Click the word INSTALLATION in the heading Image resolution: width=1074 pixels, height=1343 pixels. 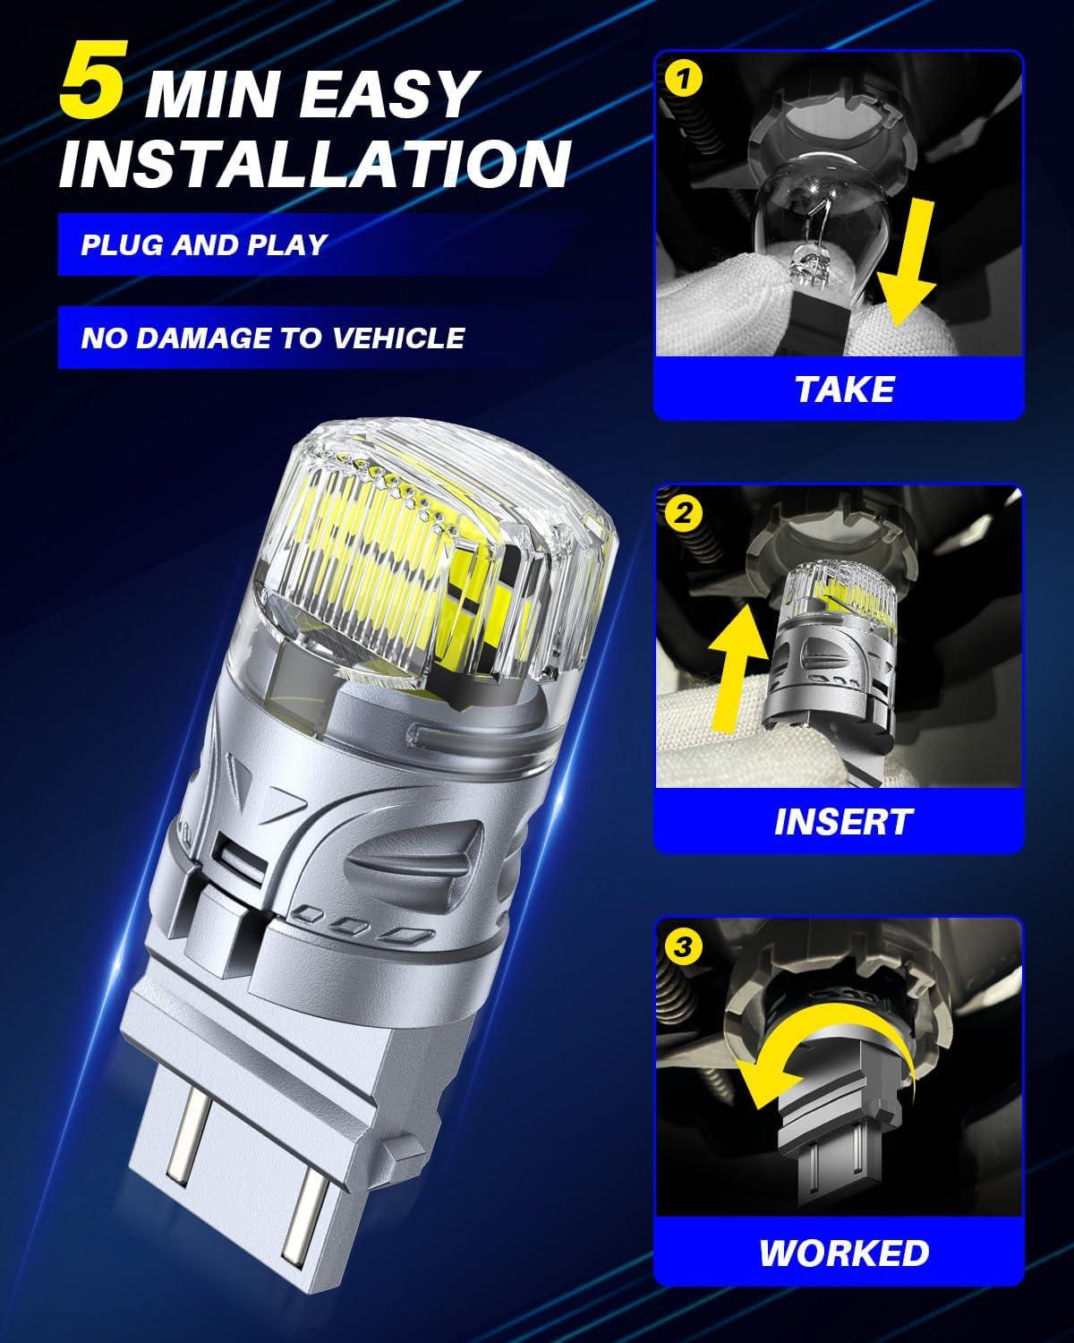click(314, 164)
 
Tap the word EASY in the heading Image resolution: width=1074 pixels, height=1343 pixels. click(387, 95)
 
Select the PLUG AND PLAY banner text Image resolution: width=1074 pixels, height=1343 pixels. click(204, 244)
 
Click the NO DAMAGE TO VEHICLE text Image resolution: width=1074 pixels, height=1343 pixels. click(273, 338)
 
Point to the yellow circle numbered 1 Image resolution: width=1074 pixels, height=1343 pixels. click(683, 80)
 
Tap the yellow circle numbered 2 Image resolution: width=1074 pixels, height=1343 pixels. click(683, 513)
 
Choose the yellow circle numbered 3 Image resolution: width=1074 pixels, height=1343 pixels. click(683, 946)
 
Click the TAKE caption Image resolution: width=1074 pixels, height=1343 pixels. click(844, 389)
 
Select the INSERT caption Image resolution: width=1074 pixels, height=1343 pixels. click(843, 821)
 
